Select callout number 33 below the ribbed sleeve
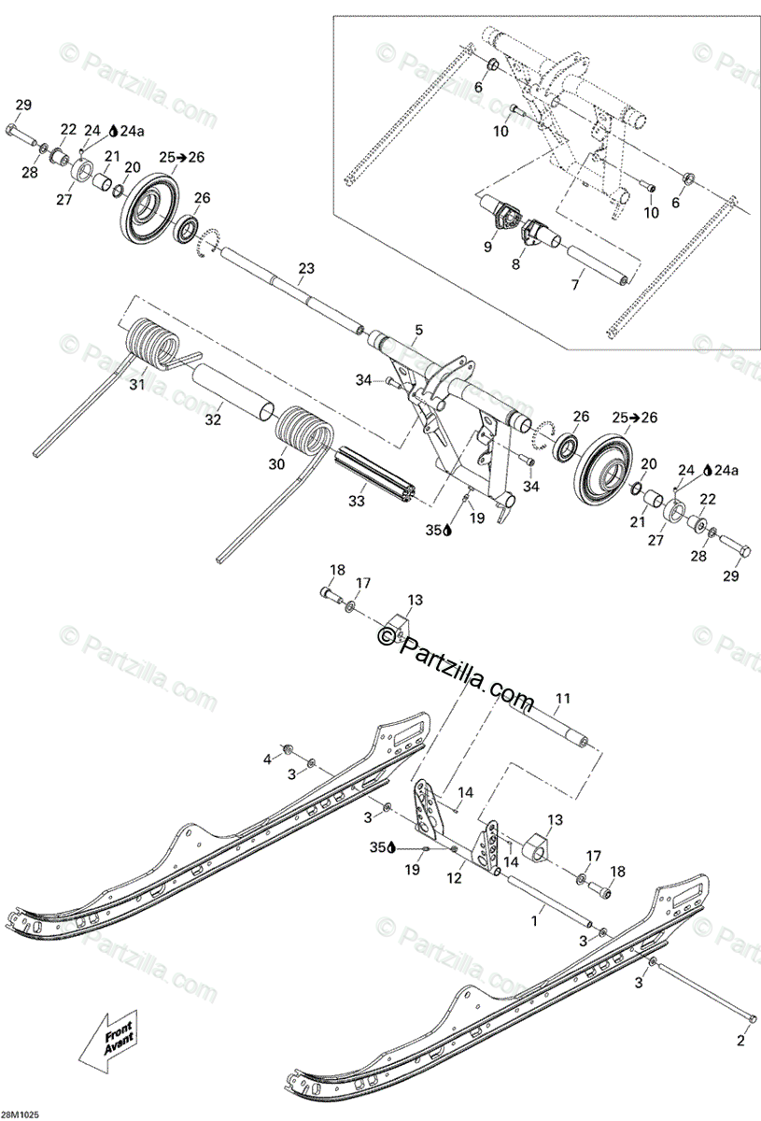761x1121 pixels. pyautogui.click(x=356, y=502)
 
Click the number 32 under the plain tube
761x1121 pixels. pyautogui.click(x=214, y=419)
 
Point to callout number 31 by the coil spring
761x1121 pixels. pyautogui.click(x=138, y=384)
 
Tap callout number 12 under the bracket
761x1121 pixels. pyautogui.click(x=455, y=877)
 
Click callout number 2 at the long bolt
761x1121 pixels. pyautogui.click(x=740, y=1039)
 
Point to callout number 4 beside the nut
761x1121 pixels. pyautogui.click(x=267, y=759)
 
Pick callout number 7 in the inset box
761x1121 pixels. pyautogui.click(x=576, y=282)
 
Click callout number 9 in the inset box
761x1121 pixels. pyautogui.click(x=486, y=247)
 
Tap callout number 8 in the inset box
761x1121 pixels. pyautogui.click(x=515, y=265)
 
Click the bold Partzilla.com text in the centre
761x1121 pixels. pyautogui.click(x=458, y=664)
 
